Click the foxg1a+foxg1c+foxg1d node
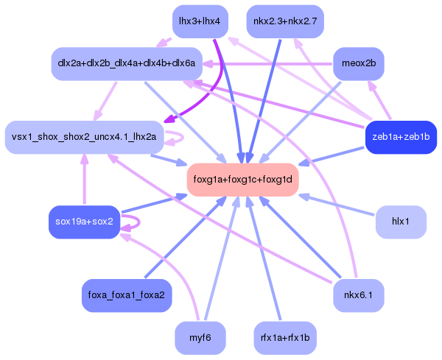pyautogui.click(x=242, y=179)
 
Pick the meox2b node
pyautogui.click(x=359, y=63)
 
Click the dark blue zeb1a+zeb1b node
pyautogui.click(x=401, y=136)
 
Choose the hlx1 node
pyautogui.click(x=401, y=222)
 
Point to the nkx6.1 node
pyautogui.click(x=359, y=294)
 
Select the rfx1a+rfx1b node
pyautogui.click(x=284, y=337)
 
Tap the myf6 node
pyautogui.click(x=200, y=337)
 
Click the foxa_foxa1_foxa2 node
pyautogui.click(x=126, y=294)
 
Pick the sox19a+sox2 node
pyautogui.click(x=84, y=222)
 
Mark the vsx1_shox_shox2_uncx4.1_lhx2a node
pyautogui.click(x=84, y=137)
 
